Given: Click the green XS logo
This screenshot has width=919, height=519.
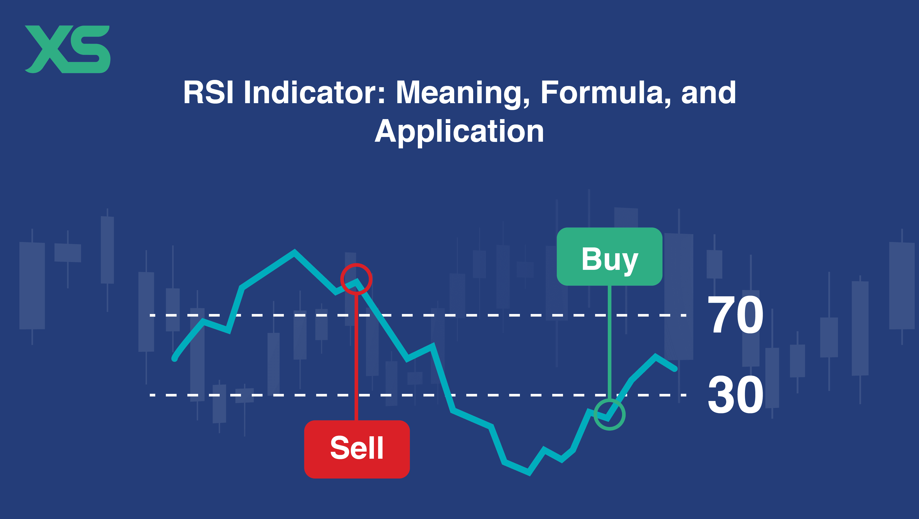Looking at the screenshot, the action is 67,49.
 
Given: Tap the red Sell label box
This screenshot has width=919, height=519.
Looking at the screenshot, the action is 357,449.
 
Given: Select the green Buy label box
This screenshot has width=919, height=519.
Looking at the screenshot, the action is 609,256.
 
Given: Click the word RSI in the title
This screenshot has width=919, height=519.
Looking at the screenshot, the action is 208,92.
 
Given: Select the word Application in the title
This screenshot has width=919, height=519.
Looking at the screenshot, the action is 460,132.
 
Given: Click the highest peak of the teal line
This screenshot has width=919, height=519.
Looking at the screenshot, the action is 294,252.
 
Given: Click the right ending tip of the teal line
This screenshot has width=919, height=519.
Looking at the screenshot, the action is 675,369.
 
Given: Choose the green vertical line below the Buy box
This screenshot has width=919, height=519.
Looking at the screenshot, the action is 609,342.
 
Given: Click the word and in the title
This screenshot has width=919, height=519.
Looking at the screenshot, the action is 709,92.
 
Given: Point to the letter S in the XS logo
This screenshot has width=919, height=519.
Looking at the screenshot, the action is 90,49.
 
